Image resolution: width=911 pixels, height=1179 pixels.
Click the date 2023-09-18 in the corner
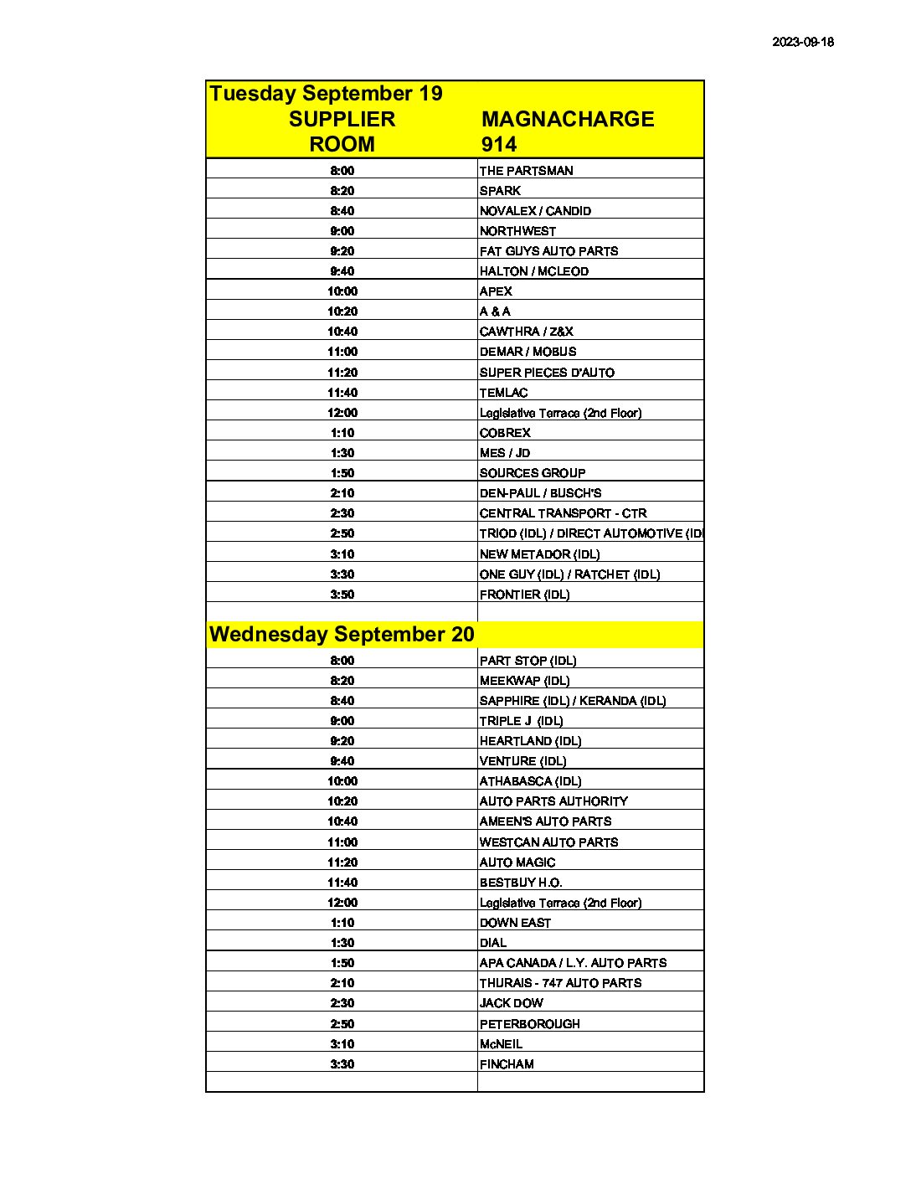(x=802, y=42)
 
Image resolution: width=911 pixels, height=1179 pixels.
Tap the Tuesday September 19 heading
(x=326, y=93)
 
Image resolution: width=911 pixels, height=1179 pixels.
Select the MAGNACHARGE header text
(x=568, y=119)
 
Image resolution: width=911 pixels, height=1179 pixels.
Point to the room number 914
(x=499, y=144)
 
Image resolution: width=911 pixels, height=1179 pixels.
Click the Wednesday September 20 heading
(x=342, y=634)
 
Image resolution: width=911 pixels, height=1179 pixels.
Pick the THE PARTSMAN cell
(x=526, y=171)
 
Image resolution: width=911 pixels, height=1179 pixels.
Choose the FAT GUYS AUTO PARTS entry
(x=548, y=251)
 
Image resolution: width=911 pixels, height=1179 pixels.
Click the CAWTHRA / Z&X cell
(x=526, y=332)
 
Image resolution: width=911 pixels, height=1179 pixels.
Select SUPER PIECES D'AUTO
(x=547, y=373)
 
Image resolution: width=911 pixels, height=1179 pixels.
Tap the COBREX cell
(x=505, y=433)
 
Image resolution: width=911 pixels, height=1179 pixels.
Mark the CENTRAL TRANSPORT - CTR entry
(x=563, y=513)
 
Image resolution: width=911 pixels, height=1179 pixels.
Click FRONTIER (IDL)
(x=524, y=595)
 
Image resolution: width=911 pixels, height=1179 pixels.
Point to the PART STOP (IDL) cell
(x=528, y=661)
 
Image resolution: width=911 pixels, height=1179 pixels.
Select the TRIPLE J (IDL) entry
(x=521, y=721)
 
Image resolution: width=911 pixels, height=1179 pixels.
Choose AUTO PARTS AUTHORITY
(x=553, y=801)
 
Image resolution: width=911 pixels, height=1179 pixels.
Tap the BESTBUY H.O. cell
(x=520, y=883)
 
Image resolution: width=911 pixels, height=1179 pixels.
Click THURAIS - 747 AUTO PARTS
(x=560, y=983)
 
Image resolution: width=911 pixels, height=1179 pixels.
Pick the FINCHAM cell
(x=507, y=1064)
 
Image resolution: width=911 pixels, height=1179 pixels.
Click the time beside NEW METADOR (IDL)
(x=342, y=554)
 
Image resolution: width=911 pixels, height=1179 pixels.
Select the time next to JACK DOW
(x=342, y=1003)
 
